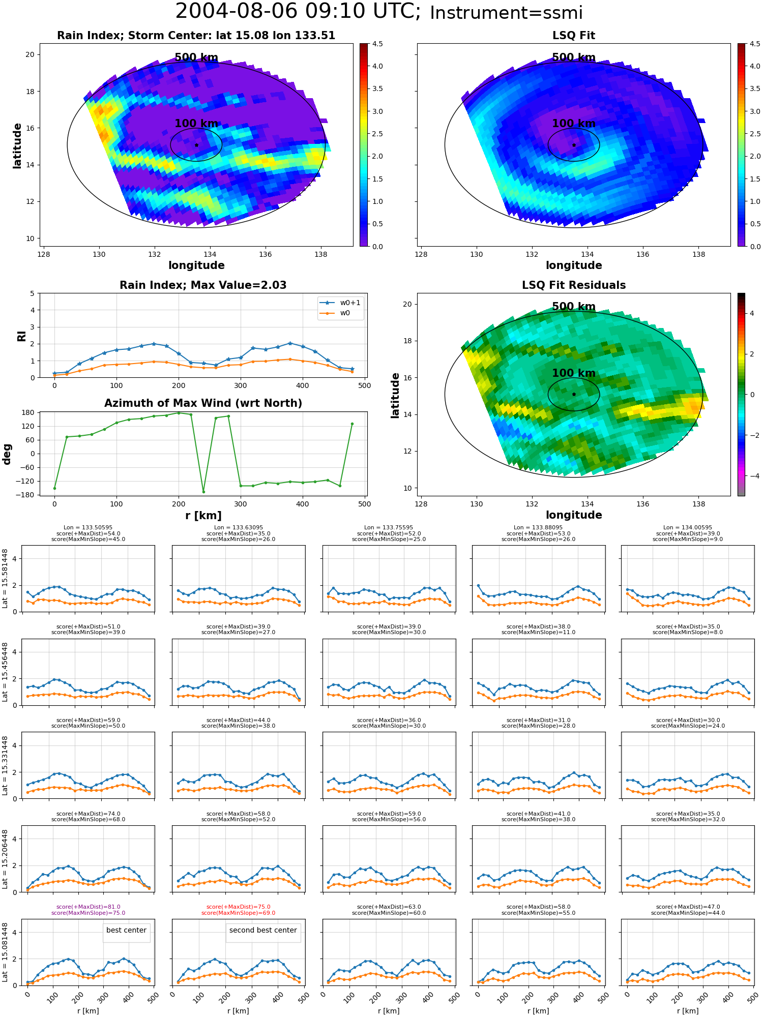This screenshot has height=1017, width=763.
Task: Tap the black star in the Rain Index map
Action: pyautogui.click(x=196, y=145)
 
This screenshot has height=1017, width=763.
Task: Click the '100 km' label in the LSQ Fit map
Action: pyautogui.click(x=574, y=124)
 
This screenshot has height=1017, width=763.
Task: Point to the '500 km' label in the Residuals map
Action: pyautogui.click(x=574, y=307)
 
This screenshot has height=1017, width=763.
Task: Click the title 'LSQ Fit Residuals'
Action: pyautogui.click(x=574, y=285)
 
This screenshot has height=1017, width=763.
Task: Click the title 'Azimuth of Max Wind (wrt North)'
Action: pyautogui.click(x=203, y=403)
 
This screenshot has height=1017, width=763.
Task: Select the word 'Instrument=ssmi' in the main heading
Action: pyautogui.click(x=506, y=13)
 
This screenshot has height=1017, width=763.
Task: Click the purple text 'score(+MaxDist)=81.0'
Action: pyautogui.click(x=89, y=907)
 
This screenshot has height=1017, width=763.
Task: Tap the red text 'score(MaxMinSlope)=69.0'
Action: pyautogui.click(x=239, y=913)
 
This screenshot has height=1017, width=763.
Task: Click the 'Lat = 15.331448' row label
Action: pyautogui.click(x=5, y=765)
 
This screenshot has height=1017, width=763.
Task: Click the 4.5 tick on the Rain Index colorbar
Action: pyautogui.click(x=377, y=44)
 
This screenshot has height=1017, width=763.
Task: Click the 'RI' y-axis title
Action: pyautogui.click(x=21, y=336)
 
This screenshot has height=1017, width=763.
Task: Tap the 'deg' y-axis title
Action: pyautogui.click(x=7, y=454)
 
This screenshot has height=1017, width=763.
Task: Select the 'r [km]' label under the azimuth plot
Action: pyautogui.click(x=203, y=516)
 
